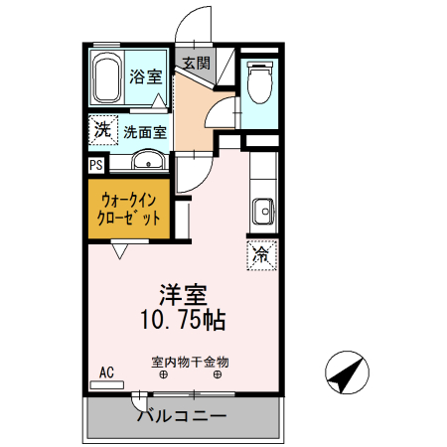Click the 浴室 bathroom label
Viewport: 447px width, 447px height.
click(x=148, y=76)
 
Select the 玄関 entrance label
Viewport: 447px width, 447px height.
click(x=195, y=63)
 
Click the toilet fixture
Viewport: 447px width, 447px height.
click(x=260, y=82)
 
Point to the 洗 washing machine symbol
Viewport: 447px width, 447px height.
click(x=101, y=128)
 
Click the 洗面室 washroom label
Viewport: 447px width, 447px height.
click(x=145, y=131)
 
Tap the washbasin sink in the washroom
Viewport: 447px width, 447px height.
click(x=148, y=162)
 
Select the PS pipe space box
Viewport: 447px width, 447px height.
click(x=95, y=166)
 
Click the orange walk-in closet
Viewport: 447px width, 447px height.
click(x=128, y=208)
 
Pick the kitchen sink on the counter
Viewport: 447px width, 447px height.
click(x=264, y=212)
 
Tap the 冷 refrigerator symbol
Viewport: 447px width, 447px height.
click(x=261, y=255)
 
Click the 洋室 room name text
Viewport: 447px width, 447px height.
click(x=185, y=295)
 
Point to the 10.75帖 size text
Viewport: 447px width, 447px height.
click(x=185, y=320)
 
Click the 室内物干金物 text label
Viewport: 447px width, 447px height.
click(x=189, y=362)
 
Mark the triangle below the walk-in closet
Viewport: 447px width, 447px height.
click(x=119, y=251)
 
